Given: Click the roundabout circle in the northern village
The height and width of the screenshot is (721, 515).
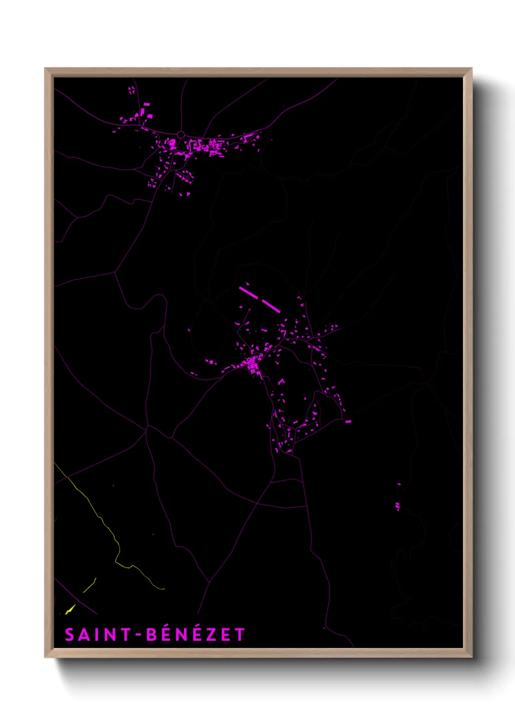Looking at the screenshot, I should point(181,134).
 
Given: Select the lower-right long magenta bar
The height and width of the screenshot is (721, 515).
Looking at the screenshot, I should point(271,306).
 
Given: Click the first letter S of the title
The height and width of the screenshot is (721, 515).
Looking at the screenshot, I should point(70,635).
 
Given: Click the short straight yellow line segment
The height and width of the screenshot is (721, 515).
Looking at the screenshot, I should point(89,586).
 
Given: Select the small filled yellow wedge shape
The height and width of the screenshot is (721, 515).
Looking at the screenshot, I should point(70,609).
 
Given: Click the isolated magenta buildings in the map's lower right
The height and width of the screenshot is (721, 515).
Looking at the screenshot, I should point(398,506).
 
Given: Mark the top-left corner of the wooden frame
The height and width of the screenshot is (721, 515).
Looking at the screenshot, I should point(46,69).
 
